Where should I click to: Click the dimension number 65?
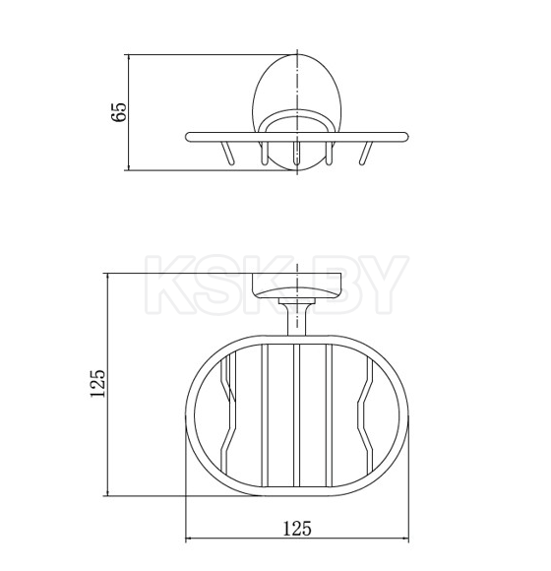coord(119,111)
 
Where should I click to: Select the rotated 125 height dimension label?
coord(97,383)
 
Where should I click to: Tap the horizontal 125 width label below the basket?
coord(297,529)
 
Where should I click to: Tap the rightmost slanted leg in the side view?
coord(366,153)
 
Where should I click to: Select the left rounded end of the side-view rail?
coord(188,137)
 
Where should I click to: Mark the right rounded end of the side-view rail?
coord(404,137)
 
